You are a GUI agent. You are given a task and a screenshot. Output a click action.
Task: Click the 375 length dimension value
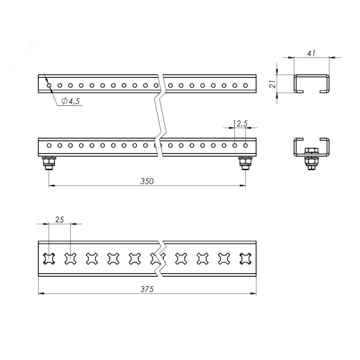(x=147, y=289)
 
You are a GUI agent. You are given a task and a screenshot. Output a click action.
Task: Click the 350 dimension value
(x=147, y=181)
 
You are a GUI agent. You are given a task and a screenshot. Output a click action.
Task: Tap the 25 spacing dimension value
(x=59, y=220)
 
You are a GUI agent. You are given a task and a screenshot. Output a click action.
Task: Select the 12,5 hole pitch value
(x=240, y=124)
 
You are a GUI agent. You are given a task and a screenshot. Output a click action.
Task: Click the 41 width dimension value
(x=311, y=53)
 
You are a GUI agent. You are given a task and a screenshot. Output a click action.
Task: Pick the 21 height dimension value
(x=273, y=84)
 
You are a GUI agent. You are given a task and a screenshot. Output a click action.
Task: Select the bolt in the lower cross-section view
(x=311, y=158)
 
